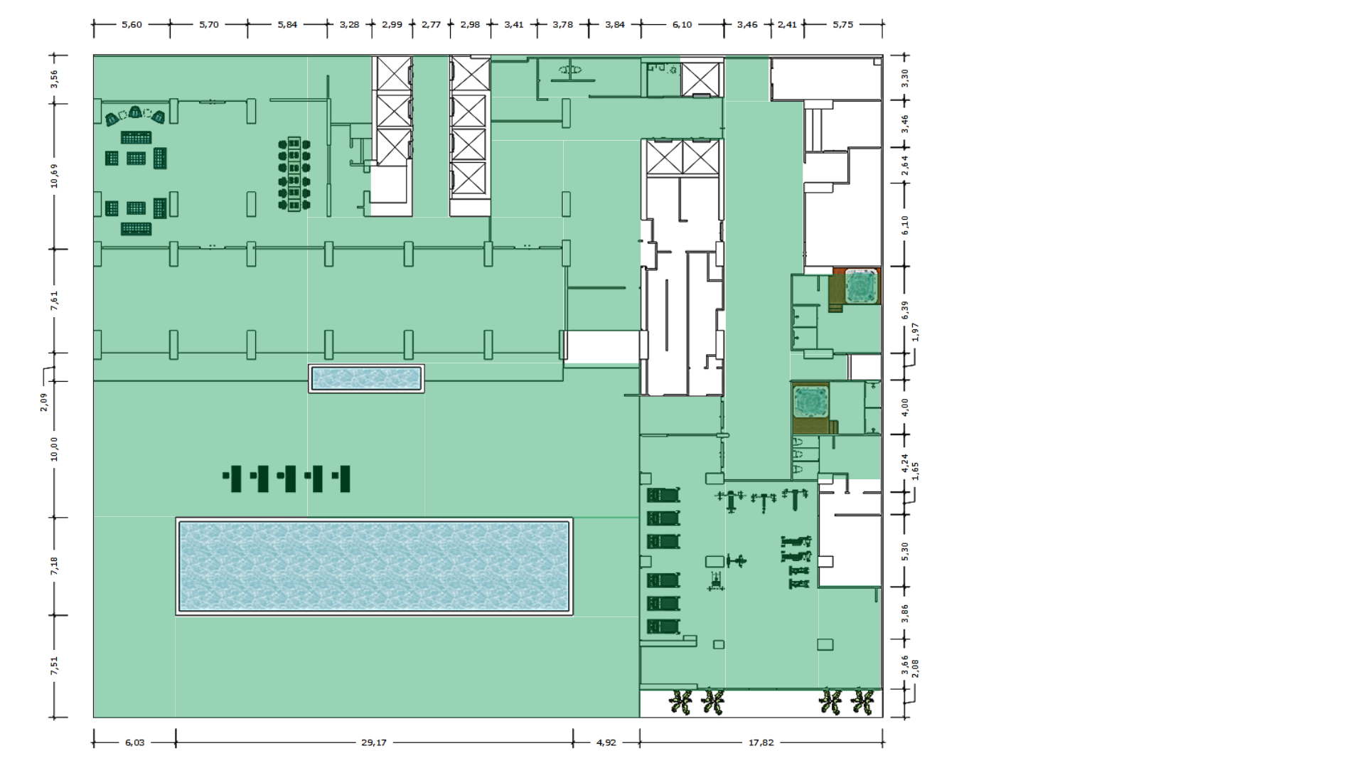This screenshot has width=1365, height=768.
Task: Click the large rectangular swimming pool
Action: (374, 566)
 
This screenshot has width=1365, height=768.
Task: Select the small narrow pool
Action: (366, 378)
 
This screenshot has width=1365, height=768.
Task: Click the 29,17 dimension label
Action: (374, 742)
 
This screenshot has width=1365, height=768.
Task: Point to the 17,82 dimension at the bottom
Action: (761, 742)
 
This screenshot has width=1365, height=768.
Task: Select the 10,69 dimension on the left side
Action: (54, 176)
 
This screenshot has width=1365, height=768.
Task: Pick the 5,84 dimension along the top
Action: (287, 24)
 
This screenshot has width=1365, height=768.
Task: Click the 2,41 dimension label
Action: (787, 24)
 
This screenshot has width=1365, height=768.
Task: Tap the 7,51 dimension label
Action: (54, 666)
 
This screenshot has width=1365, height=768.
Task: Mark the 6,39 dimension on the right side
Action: (905, 310)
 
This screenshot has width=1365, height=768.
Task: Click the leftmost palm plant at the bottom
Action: (681, 703)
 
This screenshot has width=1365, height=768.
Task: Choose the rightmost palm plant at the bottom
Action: (862, 703)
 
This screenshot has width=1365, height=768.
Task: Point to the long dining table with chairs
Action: (294, 174)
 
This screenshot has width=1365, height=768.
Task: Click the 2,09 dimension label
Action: (44, 402)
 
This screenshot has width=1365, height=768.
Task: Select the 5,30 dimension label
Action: (905, 551)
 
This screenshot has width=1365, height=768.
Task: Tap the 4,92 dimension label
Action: (606, 742)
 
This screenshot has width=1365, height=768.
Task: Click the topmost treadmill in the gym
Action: (663, 495)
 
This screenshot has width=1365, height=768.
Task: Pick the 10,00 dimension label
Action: (54, 449)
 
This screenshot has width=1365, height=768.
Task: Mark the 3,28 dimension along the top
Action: (349, 24)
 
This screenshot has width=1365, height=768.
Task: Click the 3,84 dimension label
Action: (615, 24)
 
